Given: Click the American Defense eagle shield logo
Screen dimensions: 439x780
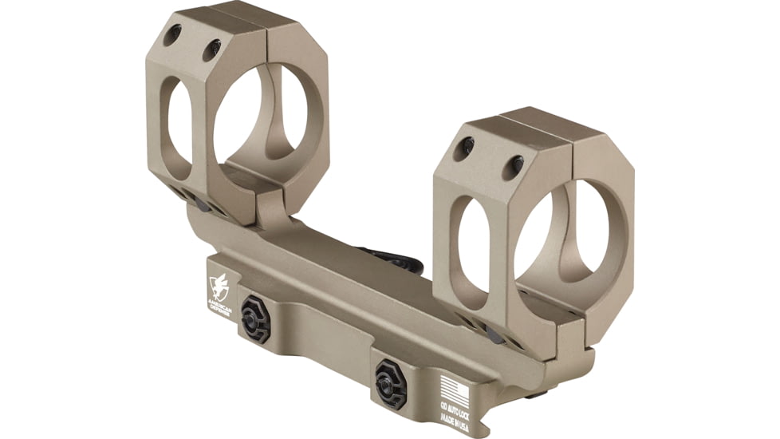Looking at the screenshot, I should click(x=219, y=285).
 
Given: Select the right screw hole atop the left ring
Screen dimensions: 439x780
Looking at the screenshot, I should click(x=211, y=50).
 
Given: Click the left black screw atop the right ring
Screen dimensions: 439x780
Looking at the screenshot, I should click(x=467, y=147).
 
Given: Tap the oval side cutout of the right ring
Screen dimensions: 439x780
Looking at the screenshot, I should click(x=474, y=249).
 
